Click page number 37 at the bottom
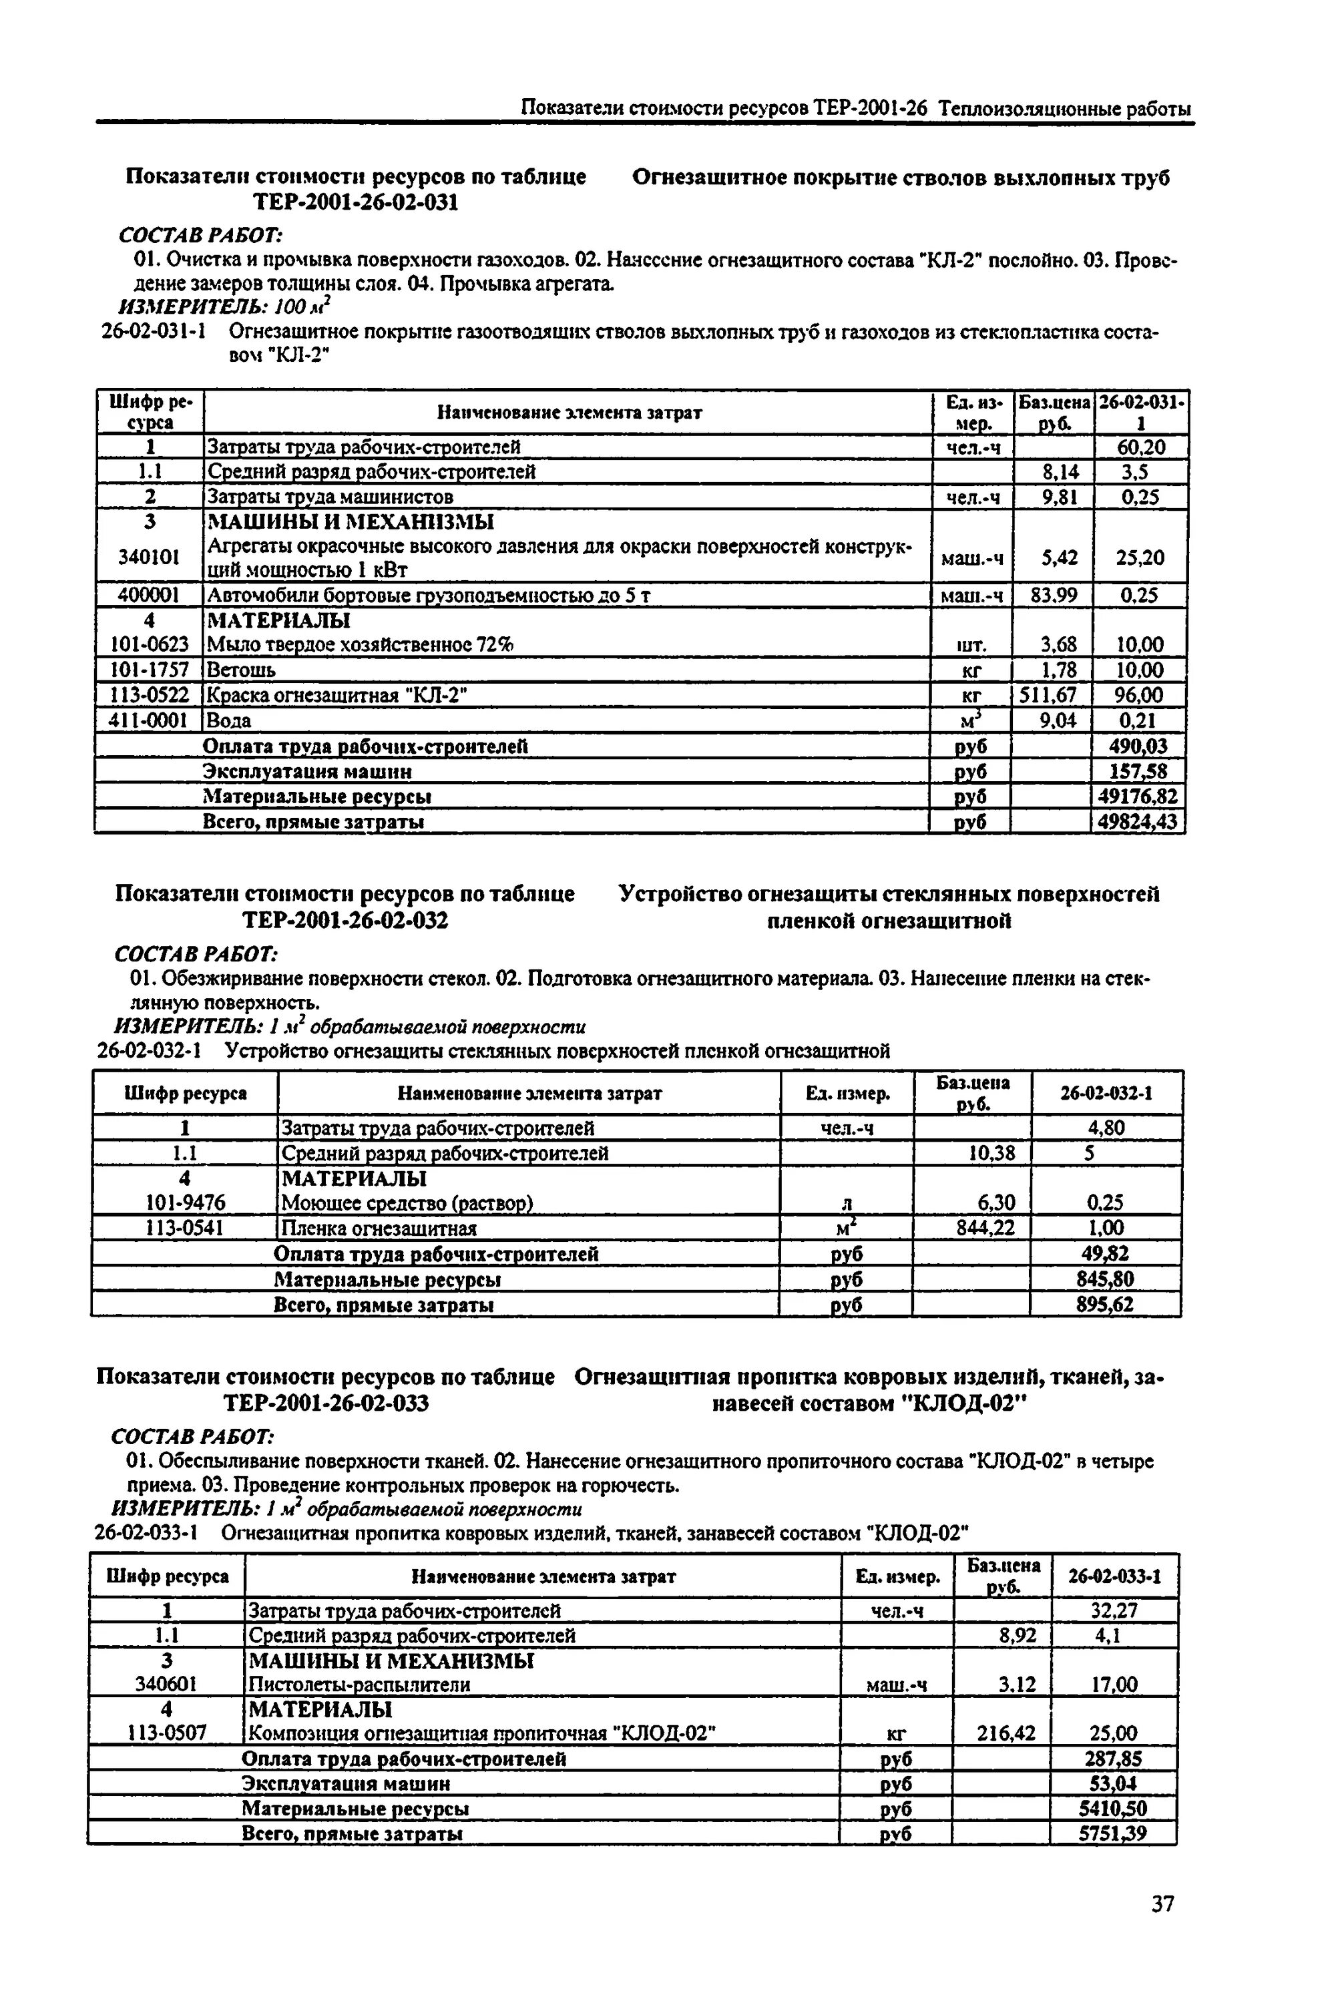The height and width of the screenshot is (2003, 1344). [x=1162, y=1928]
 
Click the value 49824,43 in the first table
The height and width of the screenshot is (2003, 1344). [x=1139, y=822]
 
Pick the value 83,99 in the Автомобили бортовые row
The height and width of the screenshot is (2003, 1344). [x=1054, y=595]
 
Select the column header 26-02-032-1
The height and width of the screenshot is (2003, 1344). [x=1106, y=1093]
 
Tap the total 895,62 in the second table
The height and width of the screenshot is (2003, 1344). [x=1105, y=1305]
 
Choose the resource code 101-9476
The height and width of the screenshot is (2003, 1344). [x=185, y=1202]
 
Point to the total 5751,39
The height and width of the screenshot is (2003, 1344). [x=1112, y=1833]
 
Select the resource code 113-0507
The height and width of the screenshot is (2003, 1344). [x=166, y=1733]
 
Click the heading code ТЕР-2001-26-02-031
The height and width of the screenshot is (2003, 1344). [x=355, y=202]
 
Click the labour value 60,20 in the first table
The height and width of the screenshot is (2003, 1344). [x=1141, y=447]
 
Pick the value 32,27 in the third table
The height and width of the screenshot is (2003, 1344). [x=1114, y=1610]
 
